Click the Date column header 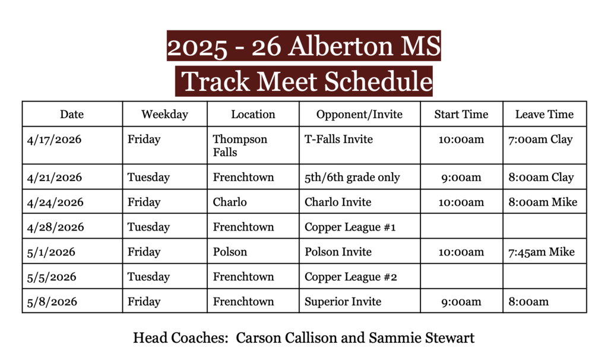(x=72, y=115)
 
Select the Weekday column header (x=164, y=115)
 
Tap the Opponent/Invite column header (x=359, y=115)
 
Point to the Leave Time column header (x=544, y=115)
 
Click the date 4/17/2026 (x=55, y=140)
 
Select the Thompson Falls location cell (x=240, y=146)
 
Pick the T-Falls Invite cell (x=338, y=140)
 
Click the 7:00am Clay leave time (x=540, y=140)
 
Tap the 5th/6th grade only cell (x=352, y=177)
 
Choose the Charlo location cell (x=230, y=202)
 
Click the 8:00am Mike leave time (x=543, y=202)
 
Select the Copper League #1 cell (x=350, y=227)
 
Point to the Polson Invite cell (x=338, y=252)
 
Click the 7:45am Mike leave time (x=541, y=252)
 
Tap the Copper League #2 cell (x=351, y=277)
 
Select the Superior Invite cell (x=343, y=302)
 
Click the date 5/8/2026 (x=52, y=302)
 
